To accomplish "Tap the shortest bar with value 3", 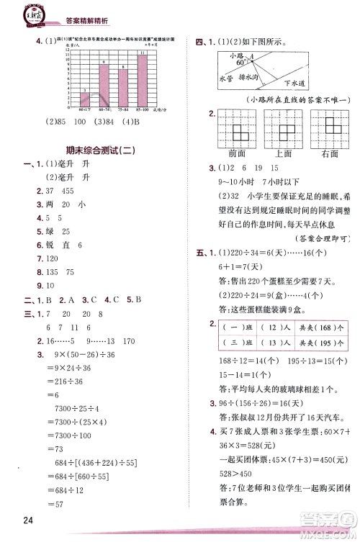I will point(85,99).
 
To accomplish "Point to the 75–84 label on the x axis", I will point(123,109).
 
